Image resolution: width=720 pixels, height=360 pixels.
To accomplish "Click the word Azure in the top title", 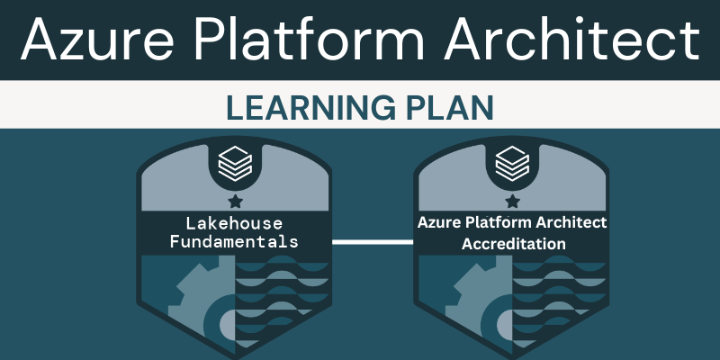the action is [97, 39].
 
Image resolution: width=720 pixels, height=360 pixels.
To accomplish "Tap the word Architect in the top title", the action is [571, 39].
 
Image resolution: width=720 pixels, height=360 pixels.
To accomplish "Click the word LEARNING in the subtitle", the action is [310, 108].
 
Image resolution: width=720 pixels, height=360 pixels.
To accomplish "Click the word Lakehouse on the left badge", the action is [234, 223].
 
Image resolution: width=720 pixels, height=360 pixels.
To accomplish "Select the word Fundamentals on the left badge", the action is [234, 241].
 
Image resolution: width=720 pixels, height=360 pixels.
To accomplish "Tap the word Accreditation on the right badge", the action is [513, 244].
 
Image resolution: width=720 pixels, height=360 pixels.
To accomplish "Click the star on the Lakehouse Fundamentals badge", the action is [235, 201].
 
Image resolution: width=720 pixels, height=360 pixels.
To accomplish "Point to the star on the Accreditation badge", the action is [512, 201].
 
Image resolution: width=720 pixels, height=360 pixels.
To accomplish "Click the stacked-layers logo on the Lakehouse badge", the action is [235, 163].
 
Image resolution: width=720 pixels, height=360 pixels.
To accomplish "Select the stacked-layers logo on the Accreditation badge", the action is [512, 163].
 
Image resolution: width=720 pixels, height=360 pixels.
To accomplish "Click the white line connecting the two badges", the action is [373, 242].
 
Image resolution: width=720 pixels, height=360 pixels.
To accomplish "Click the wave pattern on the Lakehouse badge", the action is [282, 299].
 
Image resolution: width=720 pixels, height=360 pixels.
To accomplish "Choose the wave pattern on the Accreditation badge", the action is [559, 299].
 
